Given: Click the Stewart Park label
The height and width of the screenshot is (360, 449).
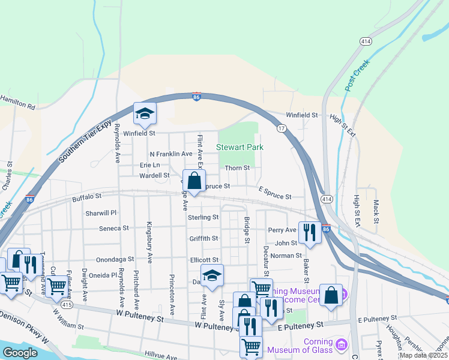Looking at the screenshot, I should click(240, 147).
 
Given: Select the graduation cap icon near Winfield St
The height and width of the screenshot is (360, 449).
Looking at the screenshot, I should click(145, 113).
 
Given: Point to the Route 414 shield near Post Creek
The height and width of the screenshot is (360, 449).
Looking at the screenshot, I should click(365, 41).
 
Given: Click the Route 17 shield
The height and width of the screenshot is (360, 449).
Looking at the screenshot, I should click(280, 128).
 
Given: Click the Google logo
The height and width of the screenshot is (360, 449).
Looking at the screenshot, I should click(20, 353).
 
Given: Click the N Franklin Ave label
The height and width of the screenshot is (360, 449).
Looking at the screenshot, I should click(171, 154).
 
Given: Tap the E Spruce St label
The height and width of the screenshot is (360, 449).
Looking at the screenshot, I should click(275, 196).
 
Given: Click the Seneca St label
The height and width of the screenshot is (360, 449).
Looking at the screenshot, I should click(114, 228).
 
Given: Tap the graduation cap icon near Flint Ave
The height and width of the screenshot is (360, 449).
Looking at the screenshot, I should click(211, 275).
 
